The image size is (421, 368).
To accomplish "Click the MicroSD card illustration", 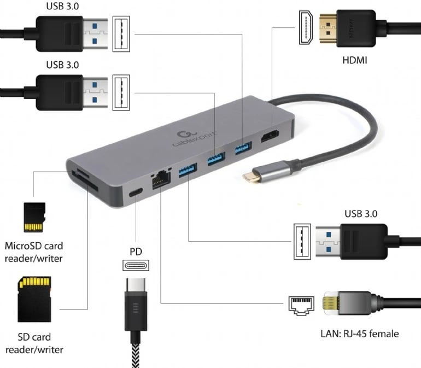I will click(x=33, y=217).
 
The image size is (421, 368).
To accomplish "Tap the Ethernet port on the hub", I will click(x=161, y=178).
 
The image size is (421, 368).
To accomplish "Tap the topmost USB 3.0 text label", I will click(x=62, y=7).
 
